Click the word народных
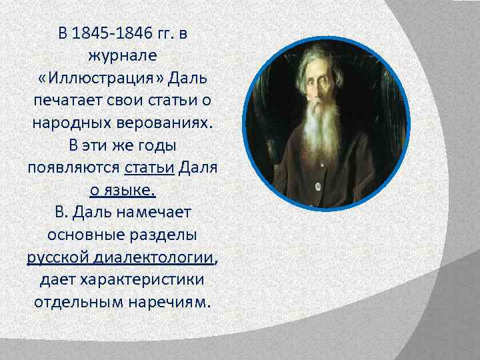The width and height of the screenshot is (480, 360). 70,123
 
